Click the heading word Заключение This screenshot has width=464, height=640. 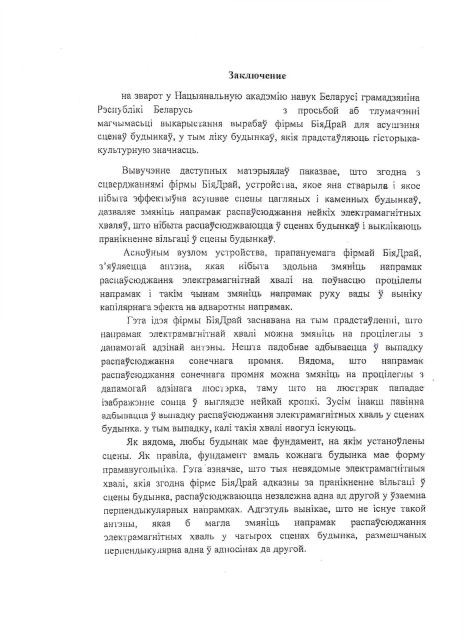coord(257,76)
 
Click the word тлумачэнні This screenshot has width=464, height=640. coord(395,110)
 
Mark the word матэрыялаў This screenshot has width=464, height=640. coord(263,172)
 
